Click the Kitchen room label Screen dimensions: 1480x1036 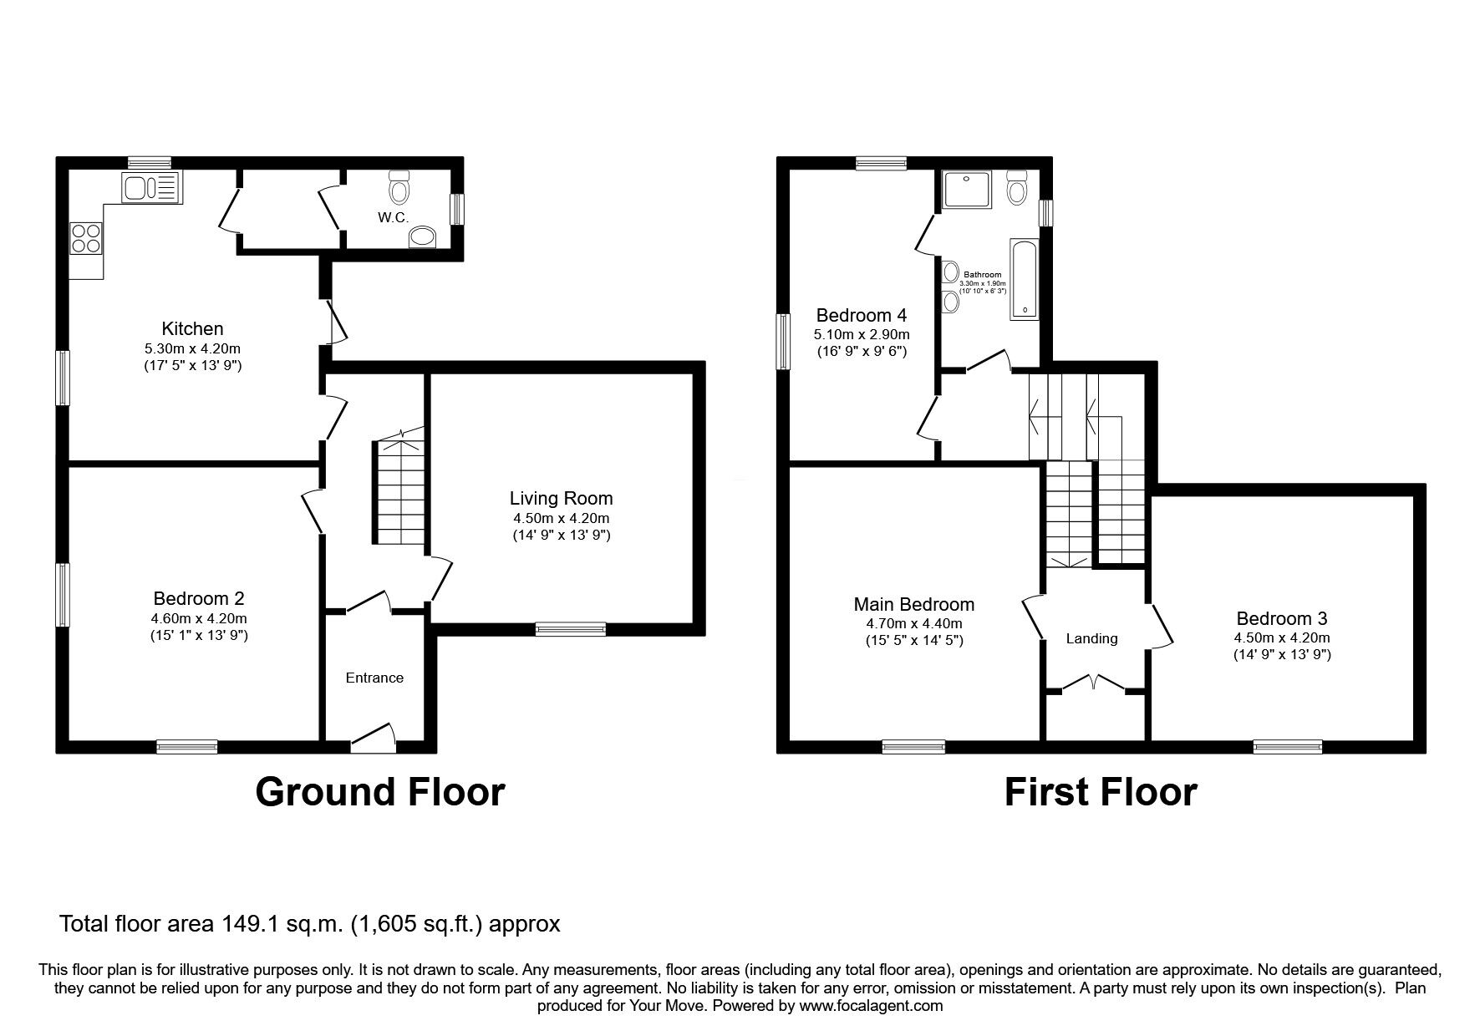(192, 328)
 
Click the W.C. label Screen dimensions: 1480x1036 (393, 218)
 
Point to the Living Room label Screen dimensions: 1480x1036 (562, 499)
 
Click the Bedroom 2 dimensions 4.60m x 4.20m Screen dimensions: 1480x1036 (199, 619)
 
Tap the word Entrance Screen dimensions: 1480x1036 (374, 678)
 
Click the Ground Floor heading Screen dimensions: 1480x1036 (380, 791)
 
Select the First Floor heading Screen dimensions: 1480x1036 (1101, 791)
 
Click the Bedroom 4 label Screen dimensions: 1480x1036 (861, 316)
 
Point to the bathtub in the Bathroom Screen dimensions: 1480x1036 (1025, 279)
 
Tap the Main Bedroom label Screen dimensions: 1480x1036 (913, 604)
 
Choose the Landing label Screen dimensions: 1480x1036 (1091, 639)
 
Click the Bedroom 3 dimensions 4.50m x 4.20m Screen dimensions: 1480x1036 (1282, 638)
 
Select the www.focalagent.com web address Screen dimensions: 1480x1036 (871, 1006)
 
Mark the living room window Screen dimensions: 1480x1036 (571, 629)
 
